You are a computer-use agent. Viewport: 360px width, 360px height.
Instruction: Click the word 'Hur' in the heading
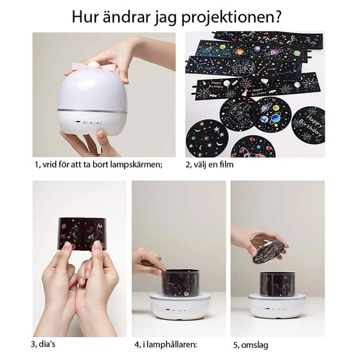click(x=85, y=15)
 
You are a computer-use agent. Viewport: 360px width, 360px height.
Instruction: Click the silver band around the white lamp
click(x=92, y=111)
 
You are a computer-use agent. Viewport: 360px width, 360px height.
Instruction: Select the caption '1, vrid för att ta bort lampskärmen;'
click(x=98, y=165)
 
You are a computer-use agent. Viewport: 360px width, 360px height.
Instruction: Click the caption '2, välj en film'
click(x=210, y=165)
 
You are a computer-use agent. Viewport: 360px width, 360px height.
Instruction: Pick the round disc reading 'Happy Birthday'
click(x=308, y=124)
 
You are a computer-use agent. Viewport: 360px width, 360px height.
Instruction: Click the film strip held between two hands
click(x=81, y=234)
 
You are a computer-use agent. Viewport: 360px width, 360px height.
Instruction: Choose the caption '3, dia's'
click(x=49, y=344)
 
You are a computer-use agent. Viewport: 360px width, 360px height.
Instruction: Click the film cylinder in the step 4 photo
click(x=180, y=283)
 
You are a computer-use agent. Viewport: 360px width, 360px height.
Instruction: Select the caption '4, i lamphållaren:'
click(x=166, y=344)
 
